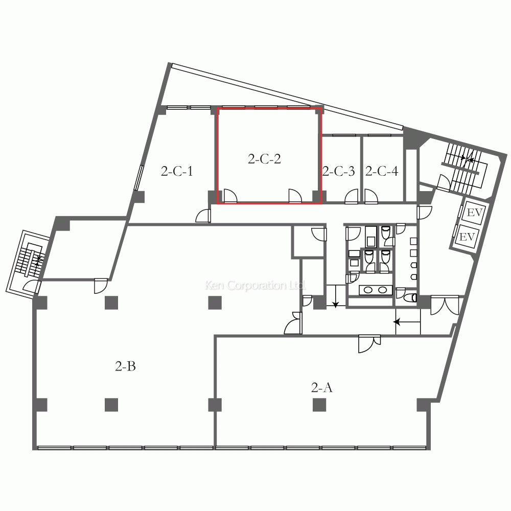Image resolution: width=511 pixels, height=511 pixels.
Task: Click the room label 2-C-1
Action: click(x=177, y=172)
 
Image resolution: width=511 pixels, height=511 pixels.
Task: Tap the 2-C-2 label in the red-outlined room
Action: click(x=264, y=159)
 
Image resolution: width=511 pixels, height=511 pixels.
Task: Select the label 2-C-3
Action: click(x=338, y=172)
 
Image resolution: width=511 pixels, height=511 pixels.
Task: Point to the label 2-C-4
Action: click(x=381, y=172)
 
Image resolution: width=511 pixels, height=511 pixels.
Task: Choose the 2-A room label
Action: click(x=322, y=388)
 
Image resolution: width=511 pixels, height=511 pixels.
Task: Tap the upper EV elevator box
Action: click(x=475, y=212)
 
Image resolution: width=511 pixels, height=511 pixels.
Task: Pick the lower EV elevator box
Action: click(x=467, y=237)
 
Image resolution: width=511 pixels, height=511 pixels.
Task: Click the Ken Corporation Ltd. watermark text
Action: click(x=255, y=285)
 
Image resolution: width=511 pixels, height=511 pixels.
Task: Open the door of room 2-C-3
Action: click(x=352, y=197)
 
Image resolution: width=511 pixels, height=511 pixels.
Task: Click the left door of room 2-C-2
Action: click(x=229, y=196)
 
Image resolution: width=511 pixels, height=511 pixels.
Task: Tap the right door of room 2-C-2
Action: click(x=295, y=196)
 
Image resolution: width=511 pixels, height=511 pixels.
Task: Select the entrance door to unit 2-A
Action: click(x=369, y=343)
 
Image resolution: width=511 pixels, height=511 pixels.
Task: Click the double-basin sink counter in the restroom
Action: click(x=375, y=290)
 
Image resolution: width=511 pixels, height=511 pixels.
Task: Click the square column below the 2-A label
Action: click(x=319, y=405)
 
